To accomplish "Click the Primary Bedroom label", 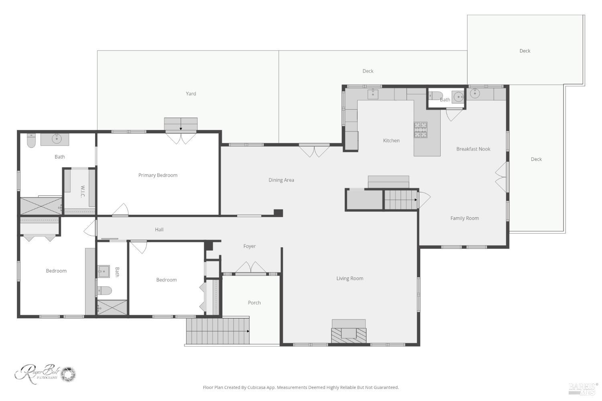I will coord(158,175).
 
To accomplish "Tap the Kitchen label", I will coord(391,141).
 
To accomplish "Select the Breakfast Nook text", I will coord(473,149).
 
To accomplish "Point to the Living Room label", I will coord(350,279).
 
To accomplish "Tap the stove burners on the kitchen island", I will coord(421,130).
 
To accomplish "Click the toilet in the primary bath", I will coord(31,140).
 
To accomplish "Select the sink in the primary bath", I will coord(57,139).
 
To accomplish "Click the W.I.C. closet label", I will coord(82,191).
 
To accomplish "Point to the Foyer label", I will coord(249,246).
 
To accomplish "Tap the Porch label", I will coord(254,303).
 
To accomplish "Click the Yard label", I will coord(191,94).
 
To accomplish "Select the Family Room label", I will coord(464,218).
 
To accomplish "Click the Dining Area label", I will coord(281,180).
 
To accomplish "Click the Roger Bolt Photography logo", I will coord(45,374).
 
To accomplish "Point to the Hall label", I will coord(159,230).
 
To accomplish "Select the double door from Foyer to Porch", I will coord(250,268).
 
